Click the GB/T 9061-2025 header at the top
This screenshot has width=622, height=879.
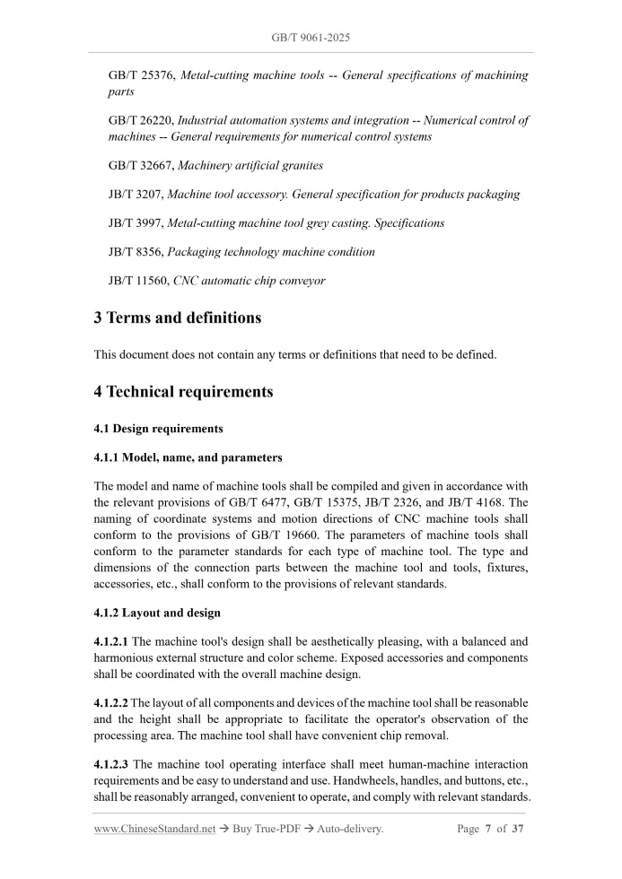coord(311,38)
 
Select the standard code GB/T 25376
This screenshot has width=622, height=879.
coord(142,76)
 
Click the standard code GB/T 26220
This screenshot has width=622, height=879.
coord(142,120)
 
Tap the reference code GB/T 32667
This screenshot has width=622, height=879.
coord(142,165)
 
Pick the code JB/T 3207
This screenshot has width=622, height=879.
coord(136,194)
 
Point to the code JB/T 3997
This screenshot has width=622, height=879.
coord(136,222)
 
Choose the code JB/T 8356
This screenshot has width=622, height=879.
coord(136,252)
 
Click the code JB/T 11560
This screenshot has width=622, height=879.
coord(139,281)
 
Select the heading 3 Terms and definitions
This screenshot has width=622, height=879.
coord(178,318)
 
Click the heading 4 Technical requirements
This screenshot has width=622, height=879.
coord(183,391)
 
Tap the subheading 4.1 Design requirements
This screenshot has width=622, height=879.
coord(158,429)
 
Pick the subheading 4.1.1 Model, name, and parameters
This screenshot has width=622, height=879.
coord(188,457)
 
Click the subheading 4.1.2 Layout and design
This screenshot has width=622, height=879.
coord(157,613)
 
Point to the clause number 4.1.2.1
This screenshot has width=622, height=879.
coord(111,641)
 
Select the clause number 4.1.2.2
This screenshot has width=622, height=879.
coord(111,702)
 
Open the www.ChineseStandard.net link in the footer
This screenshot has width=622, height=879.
coord(154,829)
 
